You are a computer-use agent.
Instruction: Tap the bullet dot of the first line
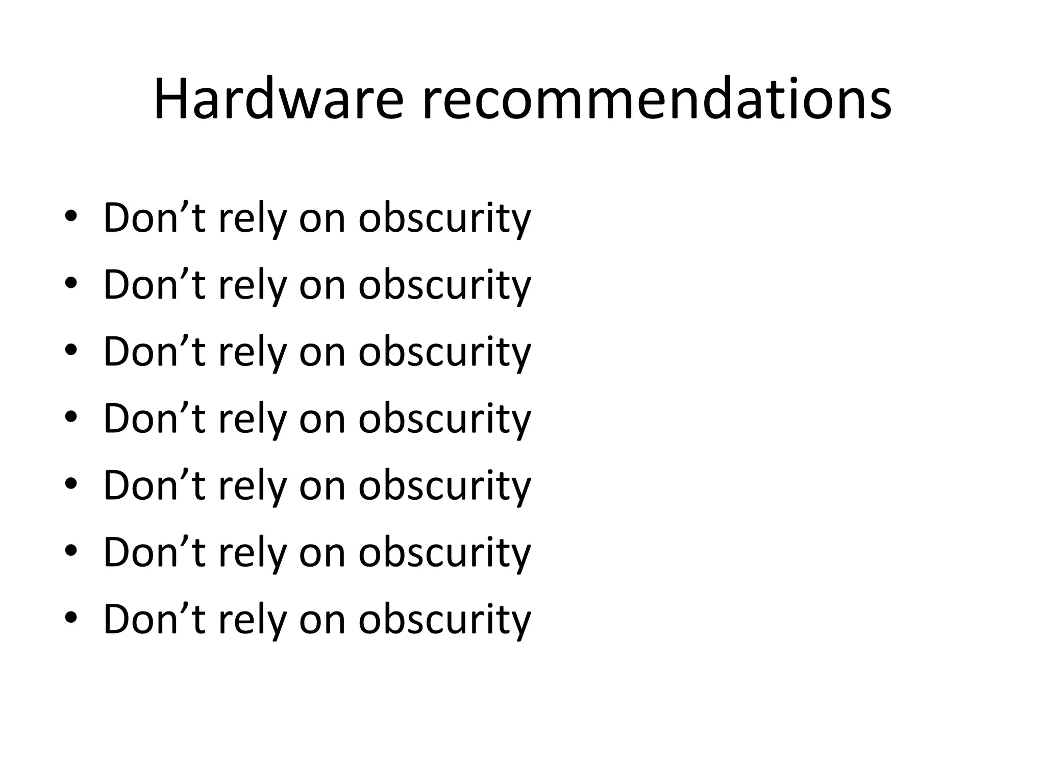(x=71, y=216)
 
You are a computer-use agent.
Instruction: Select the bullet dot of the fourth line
(x=71, y=417)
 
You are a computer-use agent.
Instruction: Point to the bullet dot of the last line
(x=71, y=618)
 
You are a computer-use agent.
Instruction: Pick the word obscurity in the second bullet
(x=444, y=285)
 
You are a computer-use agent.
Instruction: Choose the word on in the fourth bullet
(x=322, y=419)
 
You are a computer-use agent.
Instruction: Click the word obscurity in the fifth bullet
(x=444, y=486)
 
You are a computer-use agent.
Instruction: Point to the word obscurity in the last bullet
(x=444, y=620)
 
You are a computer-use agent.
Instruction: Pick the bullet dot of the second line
(x=71, y=283)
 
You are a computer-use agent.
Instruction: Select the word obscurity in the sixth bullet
(x=444, y=553)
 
